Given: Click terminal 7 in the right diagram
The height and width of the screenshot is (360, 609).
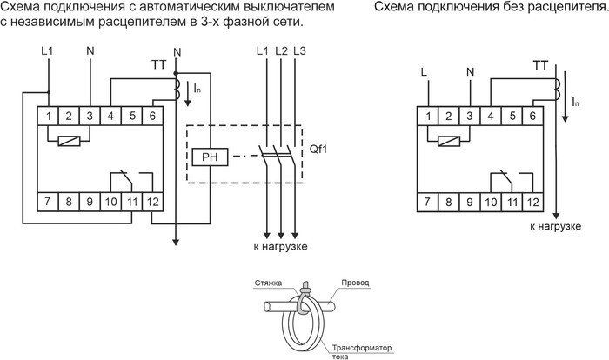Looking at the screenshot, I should pos(426,202).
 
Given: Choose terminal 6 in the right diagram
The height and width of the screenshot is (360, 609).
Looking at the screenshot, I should pos(533,115).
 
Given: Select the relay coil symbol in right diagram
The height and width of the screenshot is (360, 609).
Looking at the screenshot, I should pos(447,141).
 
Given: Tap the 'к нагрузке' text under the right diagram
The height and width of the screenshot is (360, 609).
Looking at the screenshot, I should pos(555,226).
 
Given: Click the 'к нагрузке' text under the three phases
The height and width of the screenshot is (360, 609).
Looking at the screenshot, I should pos(280,247).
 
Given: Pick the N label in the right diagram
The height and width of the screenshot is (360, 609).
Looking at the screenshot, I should pos(470,70).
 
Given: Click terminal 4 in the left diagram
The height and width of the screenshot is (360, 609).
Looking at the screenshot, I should pos(110,115).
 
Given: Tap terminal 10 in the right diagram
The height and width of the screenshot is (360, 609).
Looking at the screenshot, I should pos(491,202).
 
